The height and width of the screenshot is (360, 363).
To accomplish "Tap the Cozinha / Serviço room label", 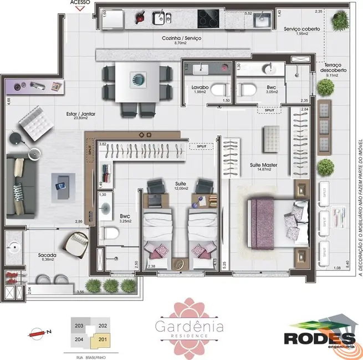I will coord(181,38).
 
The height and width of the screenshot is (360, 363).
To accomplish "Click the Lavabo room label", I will coord(200,88).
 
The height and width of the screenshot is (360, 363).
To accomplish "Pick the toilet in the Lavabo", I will coord(221,89).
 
